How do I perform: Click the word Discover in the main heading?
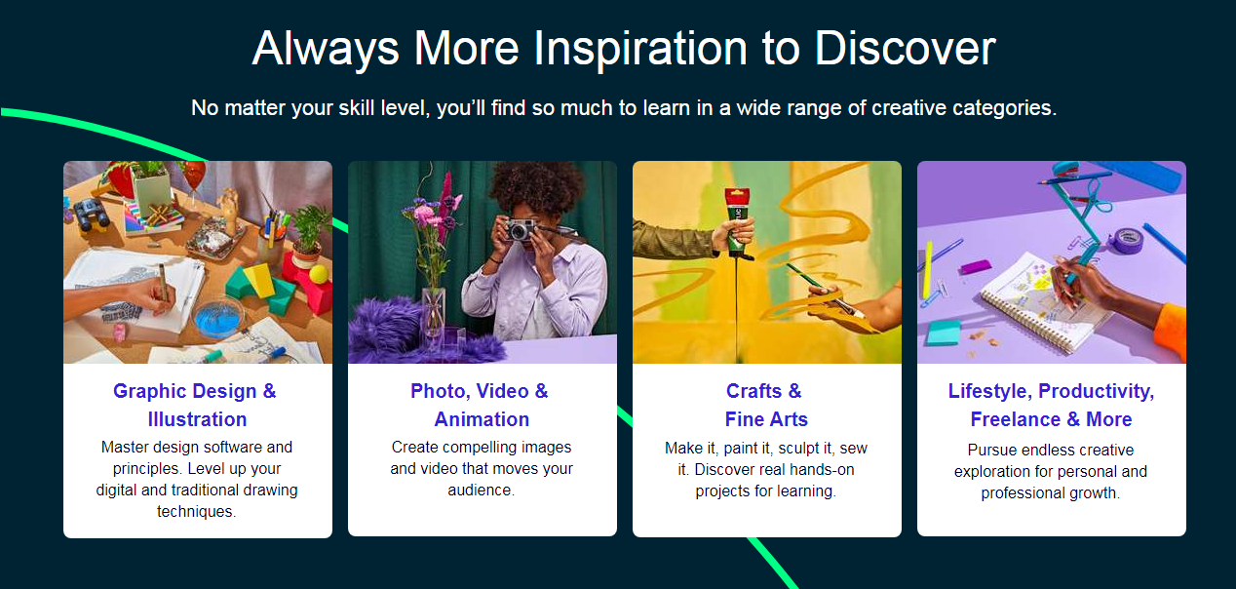pos(905,49)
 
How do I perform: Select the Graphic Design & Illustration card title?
pos(197,405)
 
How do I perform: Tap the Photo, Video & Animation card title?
pos(480,405)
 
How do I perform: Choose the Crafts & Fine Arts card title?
pos(766,405)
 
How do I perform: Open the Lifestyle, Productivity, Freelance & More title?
pos(1051,405)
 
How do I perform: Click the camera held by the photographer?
pos(520,229)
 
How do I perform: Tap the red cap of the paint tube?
pos(737,197)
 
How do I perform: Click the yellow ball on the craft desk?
pos(319,274)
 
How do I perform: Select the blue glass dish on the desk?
pos(219,318)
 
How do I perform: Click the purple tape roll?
pos(1127,241)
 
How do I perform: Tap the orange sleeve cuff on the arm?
pos(1172,333)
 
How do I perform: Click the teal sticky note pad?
pos(943,334)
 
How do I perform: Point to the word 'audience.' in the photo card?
pos(482,491)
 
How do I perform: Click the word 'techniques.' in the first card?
pos(197,512)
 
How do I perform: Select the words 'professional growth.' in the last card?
pos(1051,493)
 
